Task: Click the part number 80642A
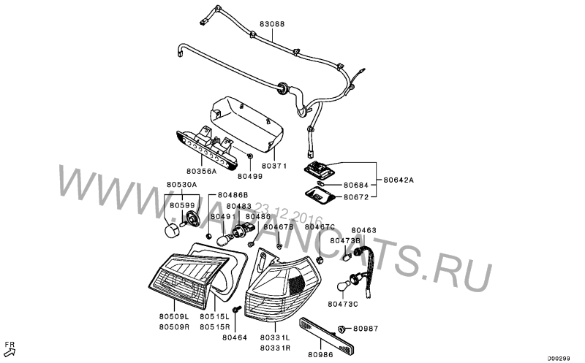coord(399,180)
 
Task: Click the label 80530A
coord(182,185)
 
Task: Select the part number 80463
coord(363,229)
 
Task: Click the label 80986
coord(320,355)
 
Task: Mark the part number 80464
coord(235,337)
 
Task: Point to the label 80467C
coord(319,227)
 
